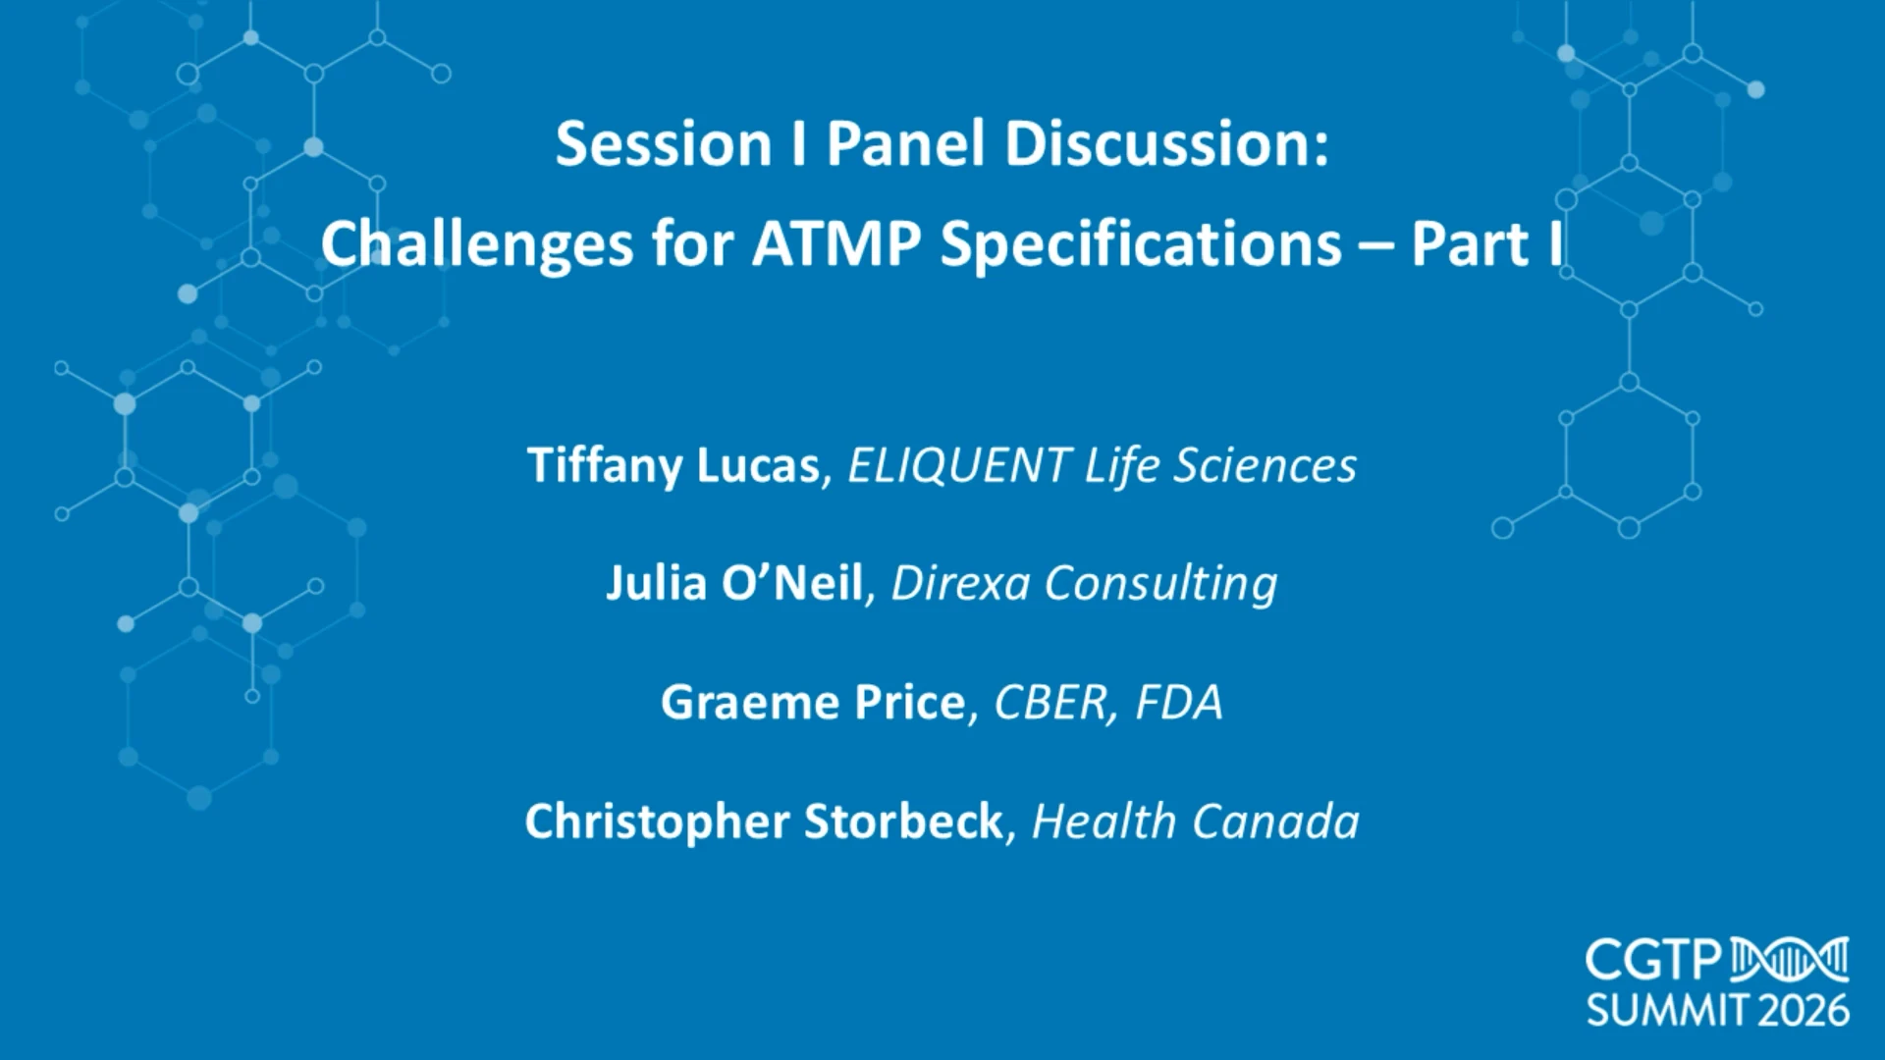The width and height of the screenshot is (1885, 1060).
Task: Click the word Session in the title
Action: [x=664, y=144]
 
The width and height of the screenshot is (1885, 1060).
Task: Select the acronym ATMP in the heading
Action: [x=836, y=244]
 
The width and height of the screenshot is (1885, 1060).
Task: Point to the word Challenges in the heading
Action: [x=477, y=244]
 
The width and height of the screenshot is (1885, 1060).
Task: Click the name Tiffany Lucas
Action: [x=673, y=465]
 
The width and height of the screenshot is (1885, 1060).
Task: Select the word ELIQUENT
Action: [x=957, y=465]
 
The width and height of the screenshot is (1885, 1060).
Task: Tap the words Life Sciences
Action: [x=1220, y=465]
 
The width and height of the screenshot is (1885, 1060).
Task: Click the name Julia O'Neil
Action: [x=734, y=583]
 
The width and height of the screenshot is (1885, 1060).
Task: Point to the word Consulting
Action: [x=1160, y=584]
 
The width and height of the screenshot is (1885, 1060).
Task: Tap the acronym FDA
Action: [x=1179, y=703]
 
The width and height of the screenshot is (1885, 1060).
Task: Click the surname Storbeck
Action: [x=903, y=821]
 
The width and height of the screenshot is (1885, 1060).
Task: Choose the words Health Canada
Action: [x=1196, y=821]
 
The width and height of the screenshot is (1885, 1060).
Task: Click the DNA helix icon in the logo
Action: [x=1790, y=960]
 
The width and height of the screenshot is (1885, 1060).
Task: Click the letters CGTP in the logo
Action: [x=1654, y=961]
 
